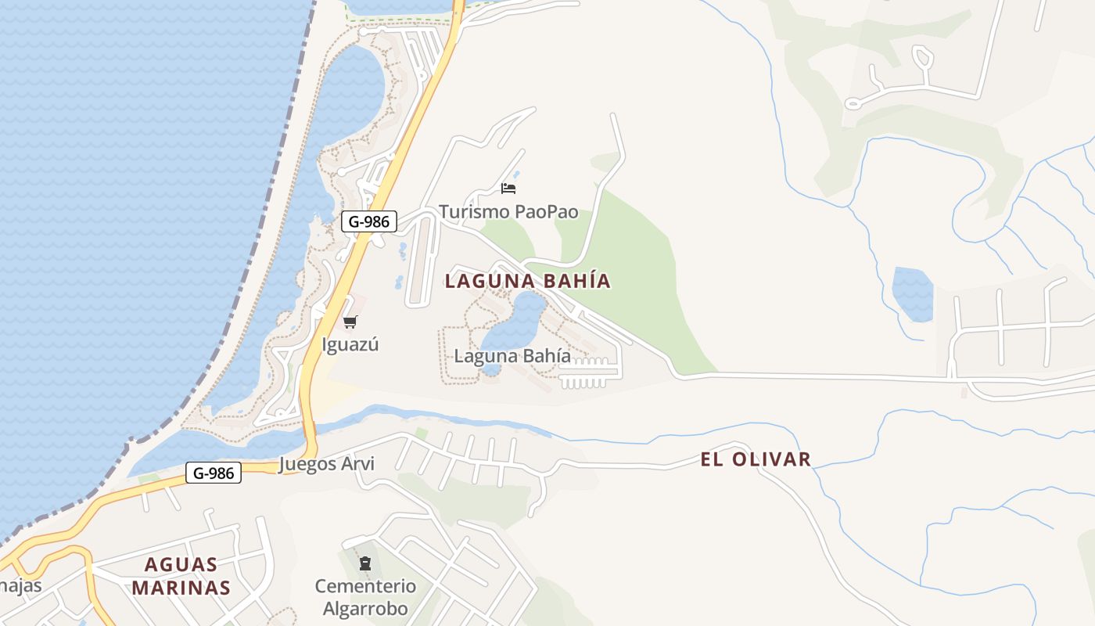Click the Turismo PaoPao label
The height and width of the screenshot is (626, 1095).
pos(508,212)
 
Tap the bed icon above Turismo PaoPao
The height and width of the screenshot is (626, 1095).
pos(508,189)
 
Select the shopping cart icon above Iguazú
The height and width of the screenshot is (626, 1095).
pos(350,322)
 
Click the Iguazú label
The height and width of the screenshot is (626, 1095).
pos(350,344)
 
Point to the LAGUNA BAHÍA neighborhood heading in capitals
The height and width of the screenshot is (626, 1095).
pos(527,282)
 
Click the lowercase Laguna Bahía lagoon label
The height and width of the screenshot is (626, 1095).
pos(512,356)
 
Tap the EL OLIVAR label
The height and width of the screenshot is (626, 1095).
pos(756,459)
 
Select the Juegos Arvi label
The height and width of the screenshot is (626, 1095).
pos(326,464)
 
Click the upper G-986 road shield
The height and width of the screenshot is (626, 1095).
pos(369,221)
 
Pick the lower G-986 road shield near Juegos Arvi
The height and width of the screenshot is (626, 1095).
pos(214,473)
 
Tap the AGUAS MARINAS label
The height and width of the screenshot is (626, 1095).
pos(181,576)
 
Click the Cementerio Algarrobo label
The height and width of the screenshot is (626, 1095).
pos(365,597)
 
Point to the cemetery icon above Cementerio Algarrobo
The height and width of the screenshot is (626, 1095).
pos(365,563)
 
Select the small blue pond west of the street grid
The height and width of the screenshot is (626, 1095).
pos(913,293)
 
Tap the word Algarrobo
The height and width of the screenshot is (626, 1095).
pos(365,609)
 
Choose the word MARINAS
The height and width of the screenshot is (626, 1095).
pos(181,588)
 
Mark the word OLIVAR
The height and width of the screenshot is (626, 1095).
pos(772,459)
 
